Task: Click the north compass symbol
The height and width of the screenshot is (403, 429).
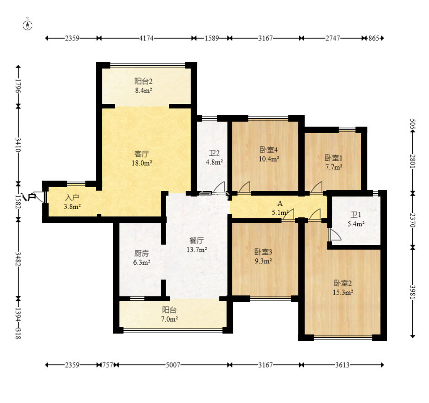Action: coord(27,25)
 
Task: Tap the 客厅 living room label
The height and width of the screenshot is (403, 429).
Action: coord(142,154)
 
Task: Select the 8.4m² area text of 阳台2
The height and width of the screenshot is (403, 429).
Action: coord(143,90)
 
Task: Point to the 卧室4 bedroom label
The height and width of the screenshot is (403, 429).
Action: coord(269,150)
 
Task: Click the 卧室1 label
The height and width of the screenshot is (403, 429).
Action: coord(334,158)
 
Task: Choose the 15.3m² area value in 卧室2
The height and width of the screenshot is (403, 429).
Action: coord(343,292)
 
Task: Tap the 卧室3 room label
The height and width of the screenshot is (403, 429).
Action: coord(263,252)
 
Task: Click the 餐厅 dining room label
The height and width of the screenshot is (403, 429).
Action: coord(197,241)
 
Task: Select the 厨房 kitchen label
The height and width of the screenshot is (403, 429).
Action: coord(142,253)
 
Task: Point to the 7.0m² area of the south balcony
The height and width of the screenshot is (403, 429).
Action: coord(169,319)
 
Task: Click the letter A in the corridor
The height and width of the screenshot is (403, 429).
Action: coord(280,204)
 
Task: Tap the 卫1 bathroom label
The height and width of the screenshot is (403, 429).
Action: coord(355,215)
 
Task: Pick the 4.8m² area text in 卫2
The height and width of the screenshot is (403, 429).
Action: coord(214,162)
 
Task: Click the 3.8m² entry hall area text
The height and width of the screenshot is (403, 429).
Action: coord(72,206)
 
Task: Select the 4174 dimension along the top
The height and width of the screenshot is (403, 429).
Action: coord(146,38)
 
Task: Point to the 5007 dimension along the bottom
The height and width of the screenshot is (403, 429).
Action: coord(173,365)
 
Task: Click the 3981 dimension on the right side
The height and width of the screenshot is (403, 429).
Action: coord(413,292)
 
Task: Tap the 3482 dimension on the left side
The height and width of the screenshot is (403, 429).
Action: coord(18,259)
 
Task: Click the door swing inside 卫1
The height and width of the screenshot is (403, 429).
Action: coord(335,235)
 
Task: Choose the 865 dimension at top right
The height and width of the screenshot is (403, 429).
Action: coord(374,38)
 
